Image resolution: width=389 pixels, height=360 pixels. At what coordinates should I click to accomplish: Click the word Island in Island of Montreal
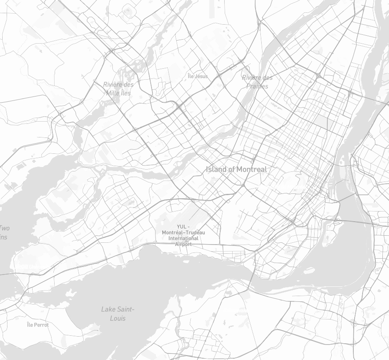(216, 169)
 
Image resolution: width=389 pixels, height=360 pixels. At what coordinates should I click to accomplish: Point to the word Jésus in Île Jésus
(201, 76)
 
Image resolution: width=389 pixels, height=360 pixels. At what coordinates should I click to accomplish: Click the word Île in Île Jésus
(191, 76)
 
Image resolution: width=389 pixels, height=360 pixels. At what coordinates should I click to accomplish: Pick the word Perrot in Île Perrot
(41, 325)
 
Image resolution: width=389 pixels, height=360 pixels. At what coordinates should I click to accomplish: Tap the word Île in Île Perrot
(30, 325)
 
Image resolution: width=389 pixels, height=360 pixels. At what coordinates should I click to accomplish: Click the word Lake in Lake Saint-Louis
(108, 309)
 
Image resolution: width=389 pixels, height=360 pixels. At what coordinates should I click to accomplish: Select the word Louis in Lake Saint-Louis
(118, 318)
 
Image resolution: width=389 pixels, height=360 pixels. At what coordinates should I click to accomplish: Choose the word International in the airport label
(184, 238)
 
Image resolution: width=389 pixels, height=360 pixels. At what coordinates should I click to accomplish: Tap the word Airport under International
(184, 244)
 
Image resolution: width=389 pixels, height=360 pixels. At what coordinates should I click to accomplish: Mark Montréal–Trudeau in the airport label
(184, 232)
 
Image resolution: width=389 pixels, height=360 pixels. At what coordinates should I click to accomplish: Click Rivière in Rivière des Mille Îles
(112, 84)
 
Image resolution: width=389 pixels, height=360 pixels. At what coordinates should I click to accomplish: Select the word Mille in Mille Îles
(113, 93)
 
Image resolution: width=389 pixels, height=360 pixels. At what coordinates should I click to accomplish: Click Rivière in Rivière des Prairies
(251, 78)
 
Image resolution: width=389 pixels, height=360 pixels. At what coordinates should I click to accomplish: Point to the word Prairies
(257, 86)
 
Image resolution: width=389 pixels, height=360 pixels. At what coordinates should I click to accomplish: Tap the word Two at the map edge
(4, 228)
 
